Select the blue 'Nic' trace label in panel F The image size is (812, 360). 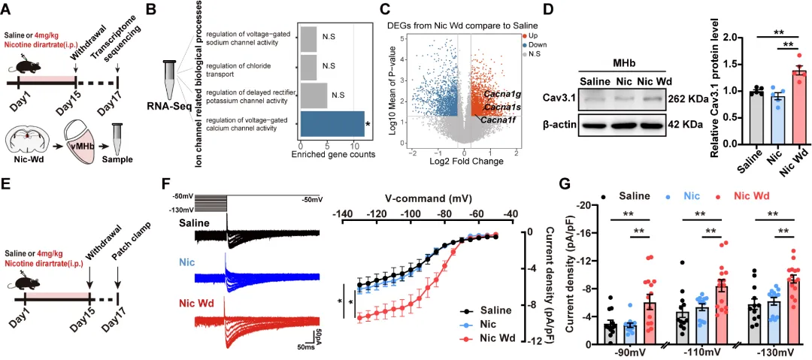187,265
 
